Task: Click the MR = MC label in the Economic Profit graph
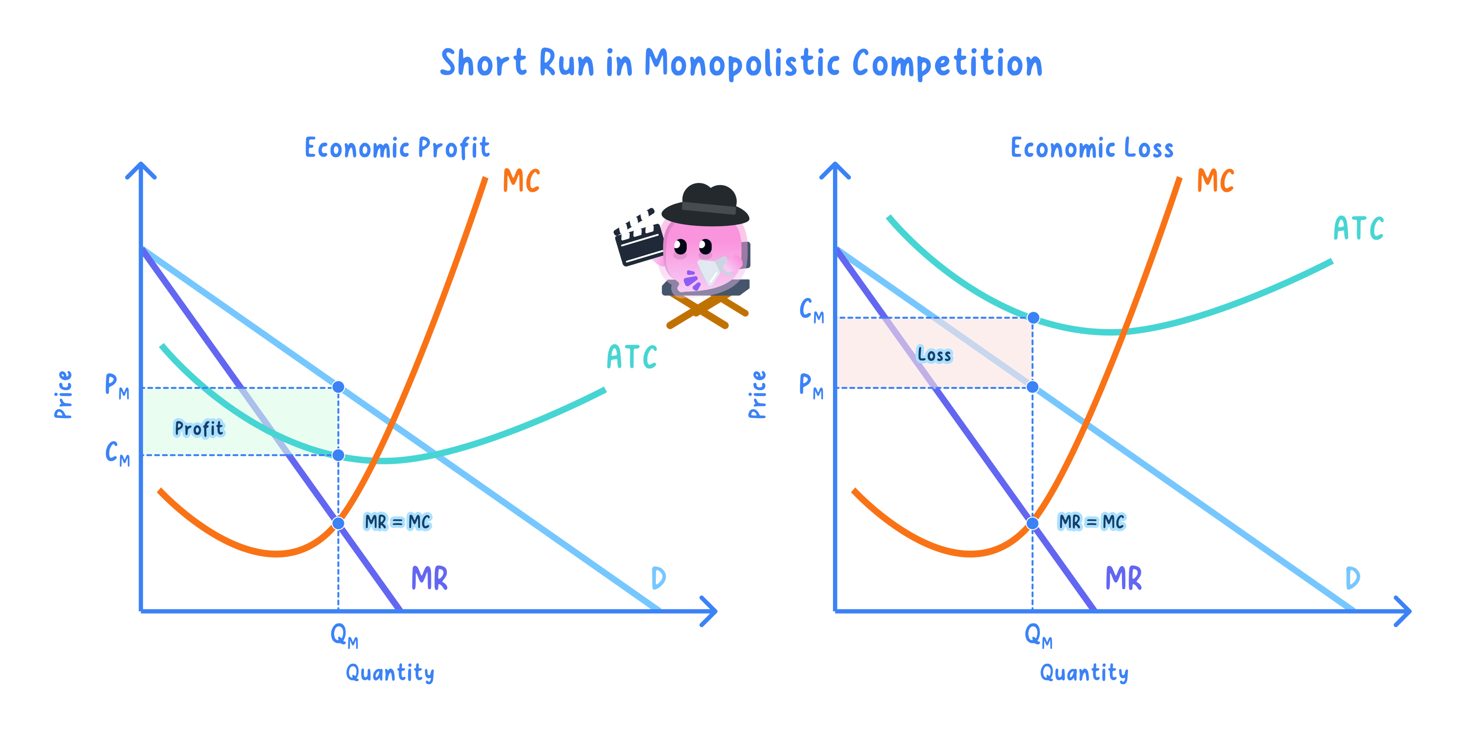(397, 522)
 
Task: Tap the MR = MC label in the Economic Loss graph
(1091, 522)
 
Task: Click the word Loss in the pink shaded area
(934, 354)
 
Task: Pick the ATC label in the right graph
(1359, 229)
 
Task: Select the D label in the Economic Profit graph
(658, 578)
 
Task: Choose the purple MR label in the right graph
(1123, 578)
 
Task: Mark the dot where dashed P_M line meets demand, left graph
(339, 387)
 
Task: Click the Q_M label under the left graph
(344, 636)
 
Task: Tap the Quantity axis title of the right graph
(1084, 673)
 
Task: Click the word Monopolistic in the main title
(742, 63)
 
